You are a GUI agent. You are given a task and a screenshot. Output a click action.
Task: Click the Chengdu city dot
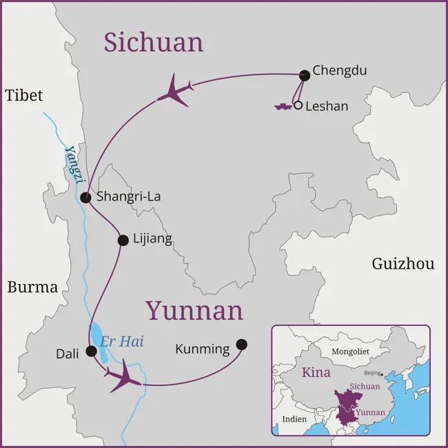coord(305,75)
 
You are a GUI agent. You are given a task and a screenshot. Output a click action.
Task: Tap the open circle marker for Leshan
coord(298,105)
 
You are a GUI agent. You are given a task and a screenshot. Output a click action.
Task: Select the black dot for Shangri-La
coord(85,198)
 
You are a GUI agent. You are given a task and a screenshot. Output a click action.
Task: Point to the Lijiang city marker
coord(123,241)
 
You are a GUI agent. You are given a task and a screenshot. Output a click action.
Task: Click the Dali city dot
coord(91,351)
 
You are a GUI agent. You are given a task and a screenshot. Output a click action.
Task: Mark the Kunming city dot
coord(241,344)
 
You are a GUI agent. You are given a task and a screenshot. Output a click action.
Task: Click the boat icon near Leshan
coord(283,106)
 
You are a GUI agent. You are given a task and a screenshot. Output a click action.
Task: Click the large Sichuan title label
coord(154,43)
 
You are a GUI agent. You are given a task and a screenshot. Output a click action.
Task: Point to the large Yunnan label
coord(194,311)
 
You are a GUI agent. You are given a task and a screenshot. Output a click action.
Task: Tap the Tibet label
coord(24,96)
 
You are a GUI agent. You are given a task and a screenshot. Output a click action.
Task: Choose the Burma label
coord(32,287)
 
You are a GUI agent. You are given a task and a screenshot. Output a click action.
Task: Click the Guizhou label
coord(403,263)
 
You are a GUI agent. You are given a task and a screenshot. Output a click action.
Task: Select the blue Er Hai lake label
coord(122,341)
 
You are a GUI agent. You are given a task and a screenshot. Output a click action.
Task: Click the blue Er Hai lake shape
coord(99,343)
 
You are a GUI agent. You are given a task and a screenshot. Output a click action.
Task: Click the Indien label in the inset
coord(295,419)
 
